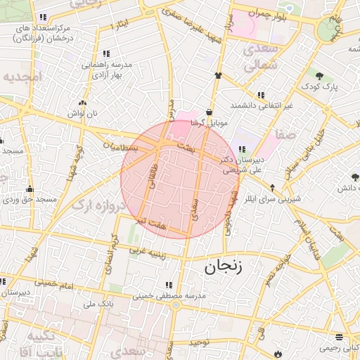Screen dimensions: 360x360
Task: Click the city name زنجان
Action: click(x=224, y=266)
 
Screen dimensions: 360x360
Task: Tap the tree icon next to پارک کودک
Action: click(x=320, y=76)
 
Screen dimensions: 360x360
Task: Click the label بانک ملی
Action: click(x=98, y=304)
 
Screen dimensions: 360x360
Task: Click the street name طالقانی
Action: click(x=153, y=175)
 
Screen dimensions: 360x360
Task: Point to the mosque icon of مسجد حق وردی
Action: click(x=30, y=189)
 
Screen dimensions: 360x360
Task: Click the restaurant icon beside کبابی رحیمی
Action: click(x=340, y=337)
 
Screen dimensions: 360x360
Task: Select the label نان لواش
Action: click(x=76, y=113)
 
